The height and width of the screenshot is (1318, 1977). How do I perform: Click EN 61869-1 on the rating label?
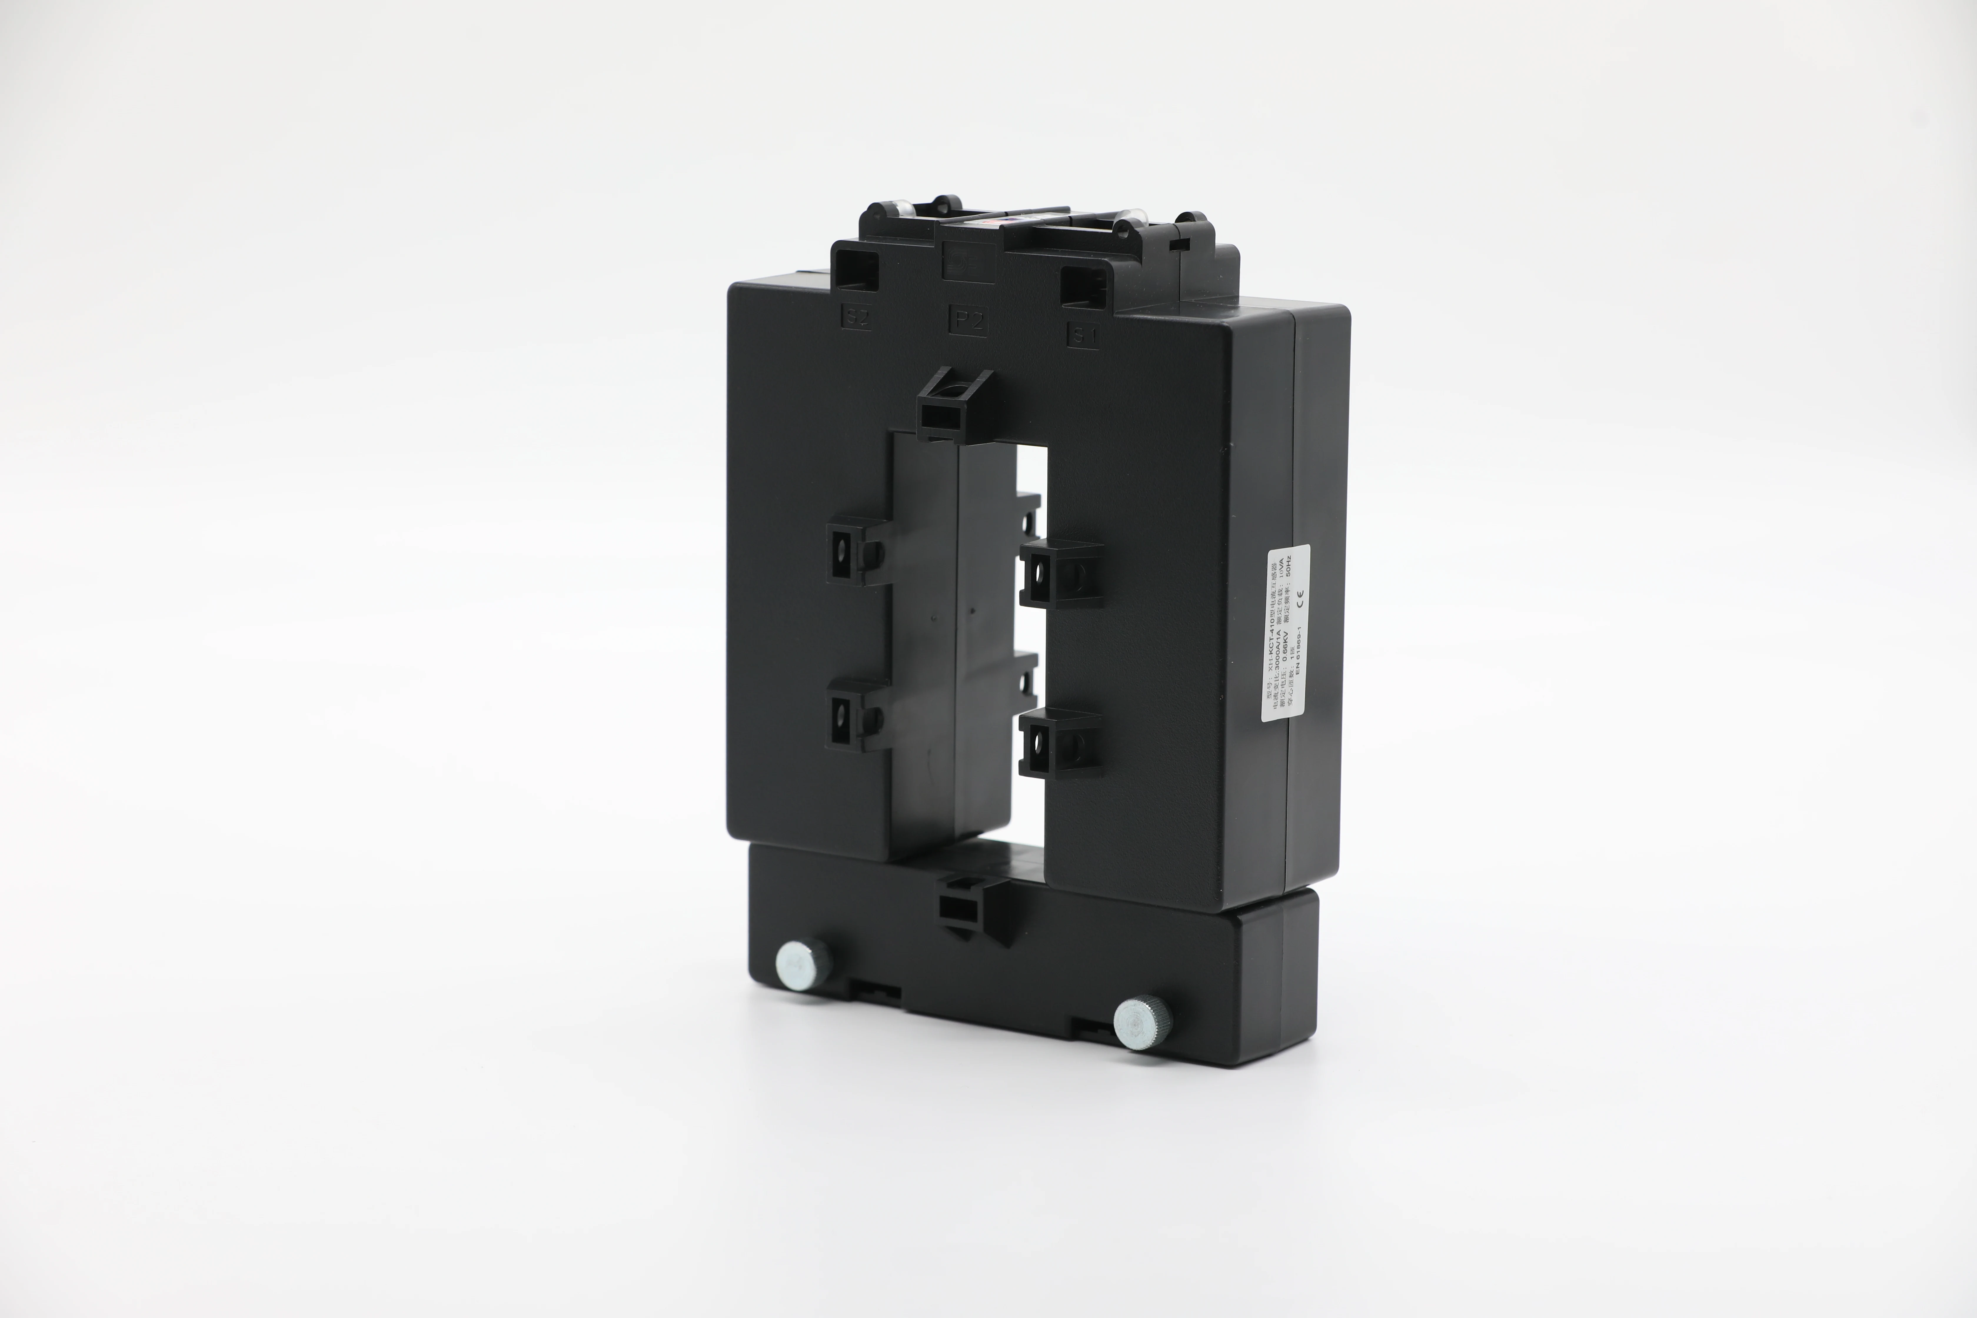(1298, 664)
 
